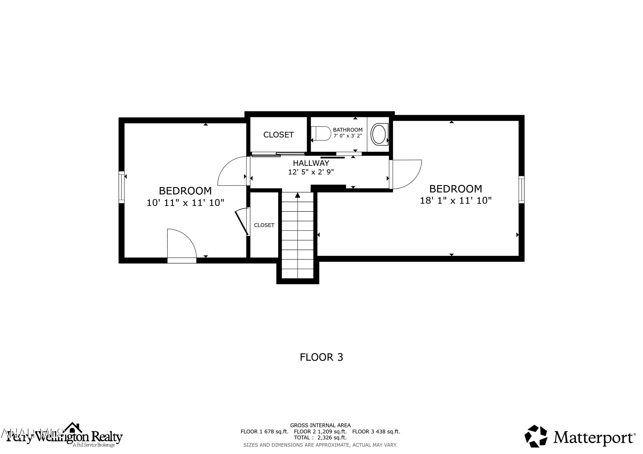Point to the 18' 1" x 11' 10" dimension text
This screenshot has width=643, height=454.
click(456, 201)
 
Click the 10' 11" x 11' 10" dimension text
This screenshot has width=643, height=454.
click(185, 202)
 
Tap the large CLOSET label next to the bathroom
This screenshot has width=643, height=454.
click(278, 135)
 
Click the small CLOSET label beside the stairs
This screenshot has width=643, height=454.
click(264, 225)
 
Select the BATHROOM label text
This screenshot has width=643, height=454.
click(348, 130)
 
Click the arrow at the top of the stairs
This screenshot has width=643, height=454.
click(297, 195)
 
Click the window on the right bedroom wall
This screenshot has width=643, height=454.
click(521, 189)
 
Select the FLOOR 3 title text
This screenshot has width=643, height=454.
click(321, 357)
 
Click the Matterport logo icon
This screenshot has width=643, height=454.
click(536, 436)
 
